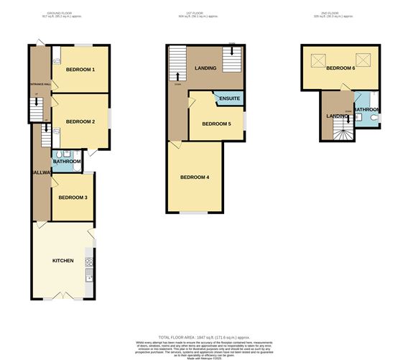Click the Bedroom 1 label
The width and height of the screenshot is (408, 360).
coord(80,70)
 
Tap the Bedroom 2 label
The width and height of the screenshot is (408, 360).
coord(80,121)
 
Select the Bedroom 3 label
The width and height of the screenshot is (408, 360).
coord(73,198)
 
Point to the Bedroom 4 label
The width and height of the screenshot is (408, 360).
coord(194,177)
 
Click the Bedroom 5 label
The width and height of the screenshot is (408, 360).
coord(216,124)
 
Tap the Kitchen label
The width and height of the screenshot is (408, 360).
coord(63,259)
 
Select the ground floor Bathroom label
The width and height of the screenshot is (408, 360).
coord(67,162)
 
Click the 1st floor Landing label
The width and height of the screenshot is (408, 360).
coord(205,68)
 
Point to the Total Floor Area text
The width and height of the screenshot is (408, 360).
coord(203,337)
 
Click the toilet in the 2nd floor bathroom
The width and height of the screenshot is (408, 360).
coord(373,119)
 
